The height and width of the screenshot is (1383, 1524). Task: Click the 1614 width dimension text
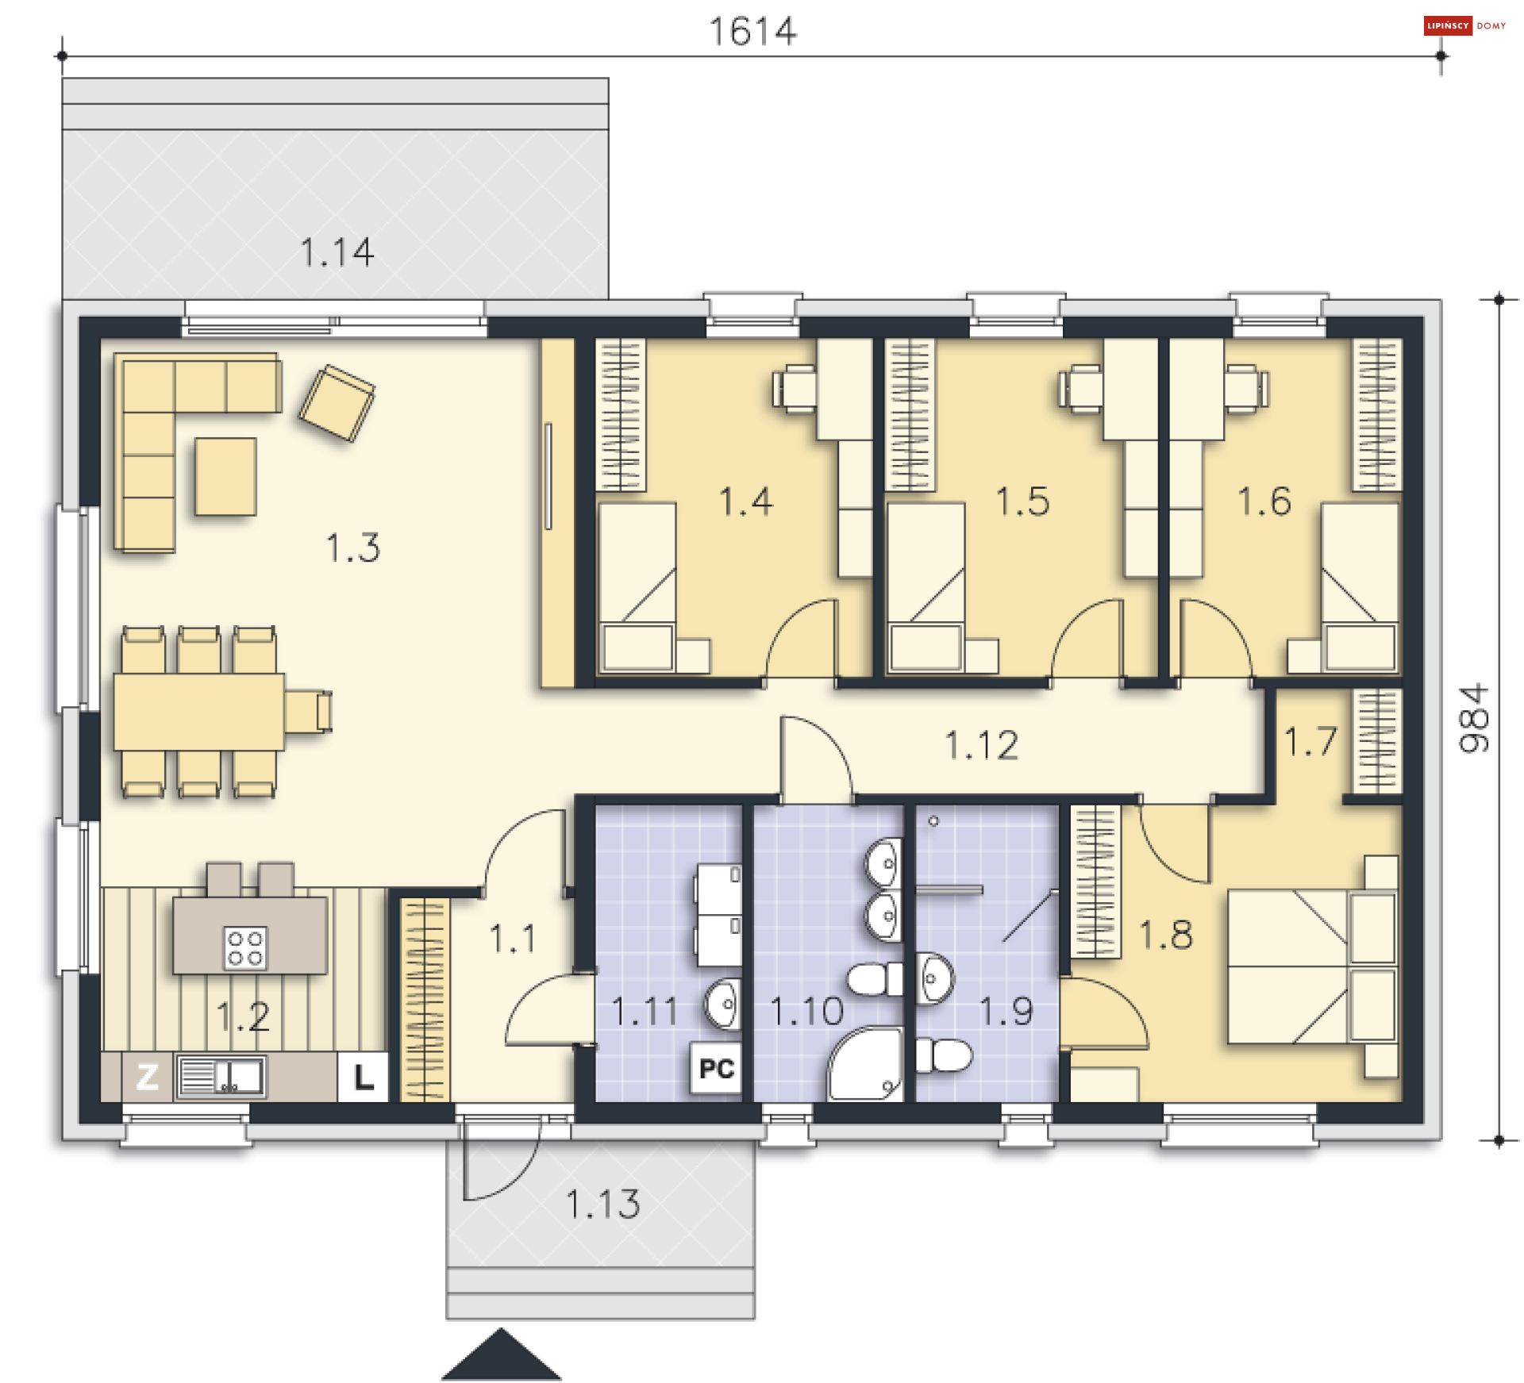pyautogui.click(x=752, y=33)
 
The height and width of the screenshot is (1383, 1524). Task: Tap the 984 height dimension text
pyautogui.click(x=1474, y=718)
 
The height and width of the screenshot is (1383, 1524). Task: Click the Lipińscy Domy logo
pyautogui.click(x=1465, y=25)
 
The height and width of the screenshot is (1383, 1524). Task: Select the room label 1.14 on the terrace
pyautogui.click(x=337, y=252)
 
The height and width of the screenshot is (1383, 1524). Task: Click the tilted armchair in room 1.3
pyautogui.click(x=337, y=403)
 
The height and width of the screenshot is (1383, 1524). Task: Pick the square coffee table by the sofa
pyautogui.click(x=225, y=477)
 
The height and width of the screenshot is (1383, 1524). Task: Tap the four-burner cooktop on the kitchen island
pyautogui.click(x=244, y=948)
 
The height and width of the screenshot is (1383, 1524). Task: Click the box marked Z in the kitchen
pyautogui.click(x=148, y=1078)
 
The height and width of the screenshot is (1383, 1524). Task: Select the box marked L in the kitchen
pyautogui.click(x=364, y=1078)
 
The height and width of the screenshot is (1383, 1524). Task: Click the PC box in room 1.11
pyautogui.click(x=716, y=1070)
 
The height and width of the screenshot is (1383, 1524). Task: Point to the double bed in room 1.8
pyautogui.click(x=1310, y=966)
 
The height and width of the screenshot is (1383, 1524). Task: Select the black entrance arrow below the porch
pyautogui.click(x=501, y=1357)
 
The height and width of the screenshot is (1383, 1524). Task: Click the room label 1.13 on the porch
pyautogui.click(x=602, y=1204)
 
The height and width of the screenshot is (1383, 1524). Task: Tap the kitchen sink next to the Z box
pyautogui.click(x=221, y=1078)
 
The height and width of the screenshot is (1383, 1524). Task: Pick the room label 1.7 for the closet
pyautogui.click(x=1310, y=742)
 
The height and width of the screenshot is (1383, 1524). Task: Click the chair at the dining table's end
pyautogui.click(x=309, y=711)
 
